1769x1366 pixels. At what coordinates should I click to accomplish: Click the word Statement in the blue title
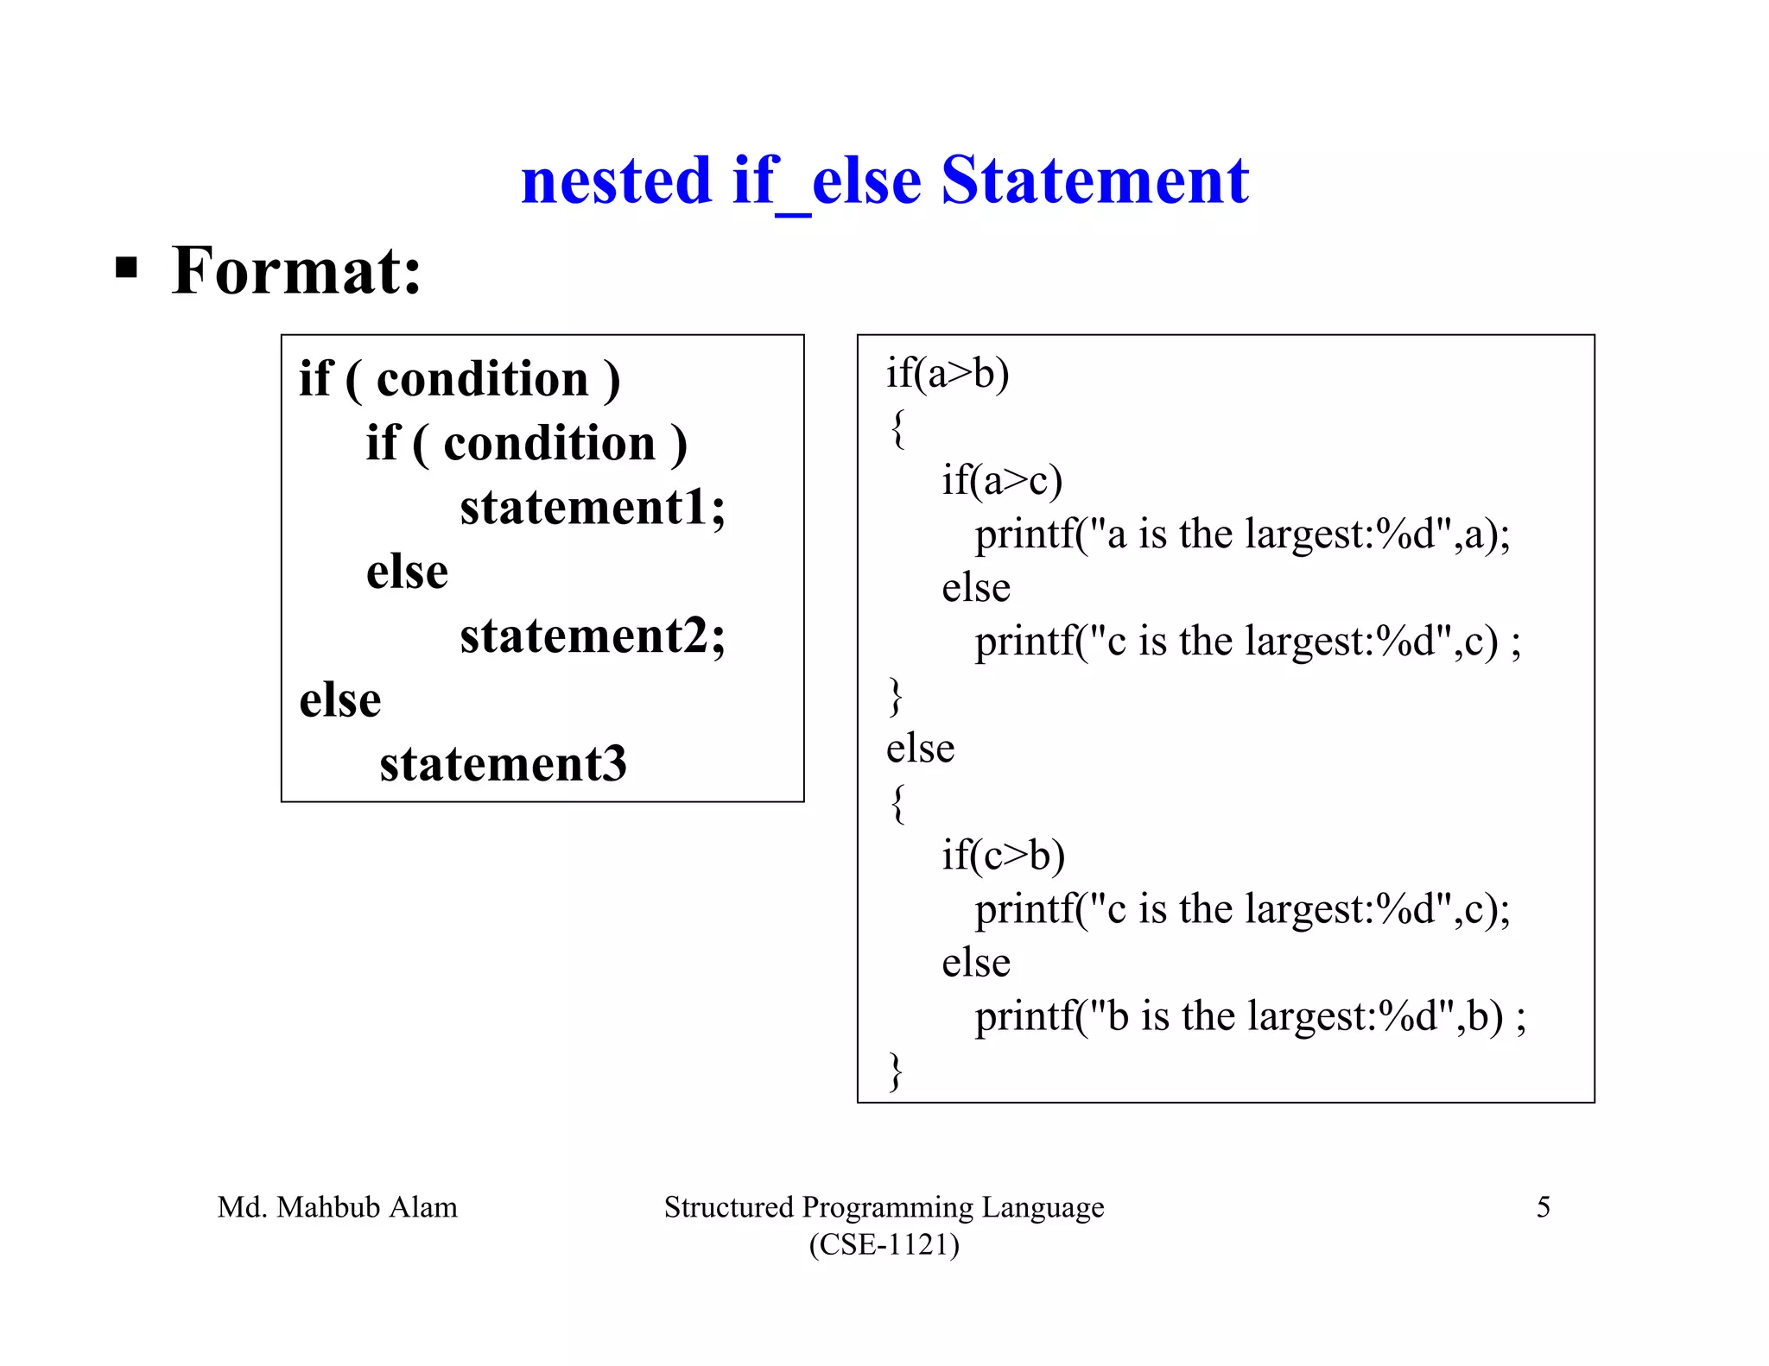pyautogui.click(x=1094, y=181)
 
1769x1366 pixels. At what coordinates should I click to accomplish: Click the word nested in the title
pyautogui.click(x=616, y=181)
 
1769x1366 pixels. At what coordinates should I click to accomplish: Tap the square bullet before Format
pyautogui.click(x=126, y=269)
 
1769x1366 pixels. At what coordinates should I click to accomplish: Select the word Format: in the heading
pyautogui.click(x=296, y=271)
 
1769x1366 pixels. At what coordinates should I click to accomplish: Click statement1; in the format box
pyautogui.click(x=592, y=507)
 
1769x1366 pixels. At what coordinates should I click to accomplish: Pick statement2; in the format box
pyautogui.click(x=592, y=636)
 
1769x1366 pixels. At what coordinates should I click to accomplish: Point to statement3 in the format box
pyautogui.click(x=503, y=763)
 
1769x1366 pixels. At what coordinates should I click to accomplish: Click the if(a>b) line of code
pyautogui.click(x=948, y=373)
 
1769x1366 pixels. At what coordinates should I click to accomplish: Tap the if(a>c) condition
pyautogui.click(x=1002, y=480)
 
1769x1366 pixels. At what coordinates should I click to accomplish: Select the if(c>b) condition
pyautogui.click(x=1003, y=855)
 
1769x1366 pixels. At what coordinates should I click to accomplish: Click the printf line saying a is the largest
pyautogui.click(x=1242, y=534)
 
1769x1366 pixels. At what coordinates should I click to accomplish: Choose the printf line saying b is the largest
pyautogui.click(x=1250, y=1016)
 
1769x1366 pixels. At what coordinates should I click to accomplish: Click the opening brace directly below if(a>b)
pyautogui.click(x=898, y=428)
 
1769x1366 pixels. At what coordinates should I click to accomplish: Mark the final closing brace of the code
pyautogui.click(x=896, y=1072)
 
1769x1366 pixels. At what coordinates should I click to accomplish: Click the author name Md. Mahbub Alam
pyautogui.click(x=337, y=1207)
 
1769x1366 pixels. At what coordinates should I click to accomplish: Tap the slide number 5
pyautogui.click(x=1543, y=1207)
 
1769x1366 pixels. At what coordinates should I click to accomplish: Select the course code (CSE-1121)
pyautogui.click(x=884, y=1244)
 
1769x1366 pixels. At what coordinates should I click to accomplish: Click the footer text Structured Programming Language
pyautogui.click(x=884, y=1207)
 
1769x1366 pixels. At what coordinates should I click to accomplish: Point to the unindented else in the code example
pyautogui.click(x=920, y=749)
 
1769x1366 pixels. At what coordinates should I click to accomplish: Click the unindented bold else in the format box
pyautogui.click(x=339, y=700)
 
